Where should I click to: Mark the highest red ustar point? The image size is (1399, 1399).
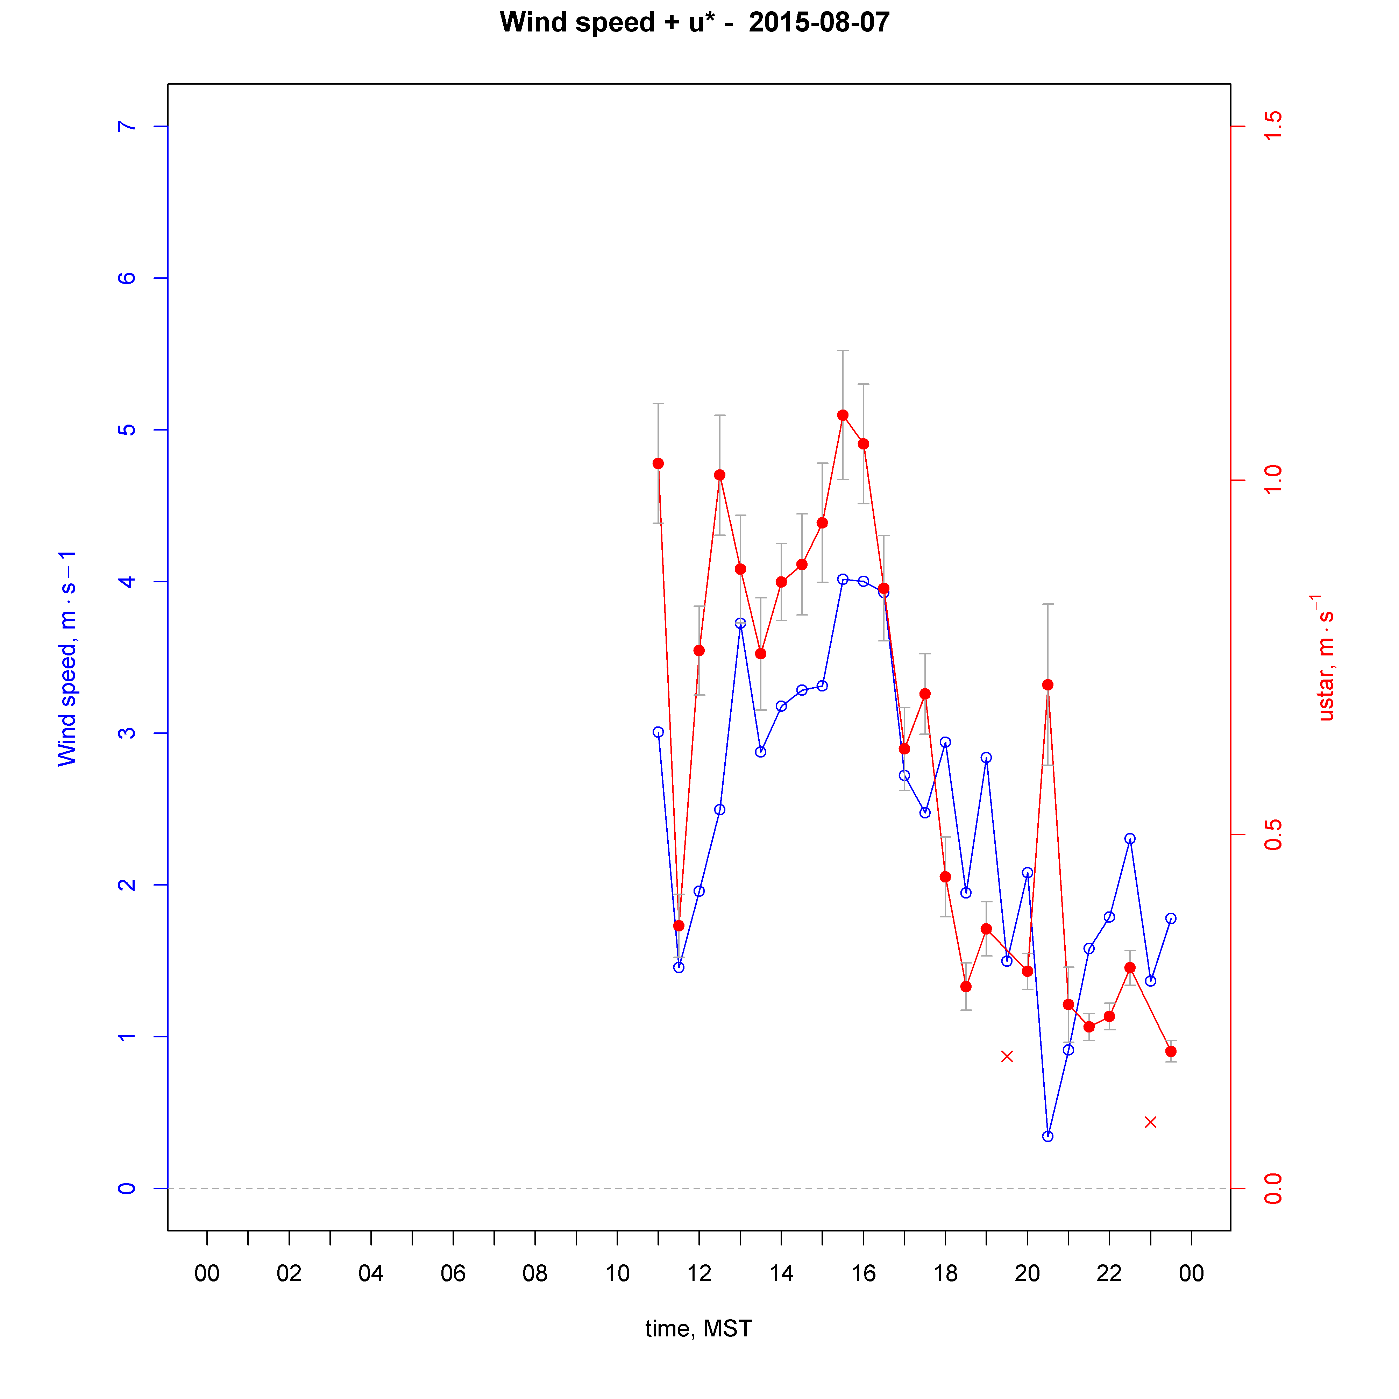(x=843, y=415)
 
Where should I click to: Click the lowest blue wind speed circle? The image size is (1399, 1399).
(x=1048, y=1136)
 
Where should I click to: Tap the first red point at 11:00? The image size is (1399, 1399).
(x=658, y=463)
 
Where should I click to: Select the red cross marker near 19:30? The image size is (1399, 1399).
(x=1007, y=1057)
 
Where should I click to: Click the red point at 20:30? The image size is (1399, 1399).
(x=1048, y=685)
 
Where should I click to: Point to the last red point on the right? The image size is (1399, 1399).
(x=1171, y=1051)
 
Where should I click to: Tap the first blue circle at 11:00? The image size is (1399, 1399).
(x=658, y=732)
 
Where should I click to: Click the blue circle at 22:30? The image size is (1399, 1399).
(x=1130, y=839)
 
